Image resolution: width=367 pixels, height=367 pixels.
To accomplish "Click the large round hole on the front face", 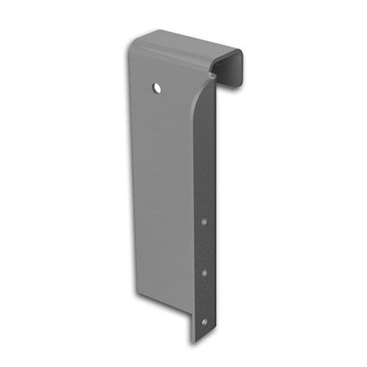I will tap(157, 87).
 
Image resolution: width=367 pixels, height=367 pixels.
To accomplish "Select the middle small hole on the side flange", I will tap(204, 272).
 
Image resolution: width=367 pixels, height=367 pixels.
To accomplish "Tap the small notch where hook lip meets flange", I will tap(212, 73).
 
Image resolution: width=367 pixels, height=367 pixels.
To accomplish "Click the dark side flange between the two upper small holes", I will tap(204, 246).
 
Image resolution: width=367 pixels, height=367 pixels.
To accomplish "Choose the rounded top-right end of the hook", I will tap(239, 55).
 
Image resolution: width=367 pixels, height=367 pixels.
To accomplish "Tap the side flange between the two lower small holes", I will tap(204, 297).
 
